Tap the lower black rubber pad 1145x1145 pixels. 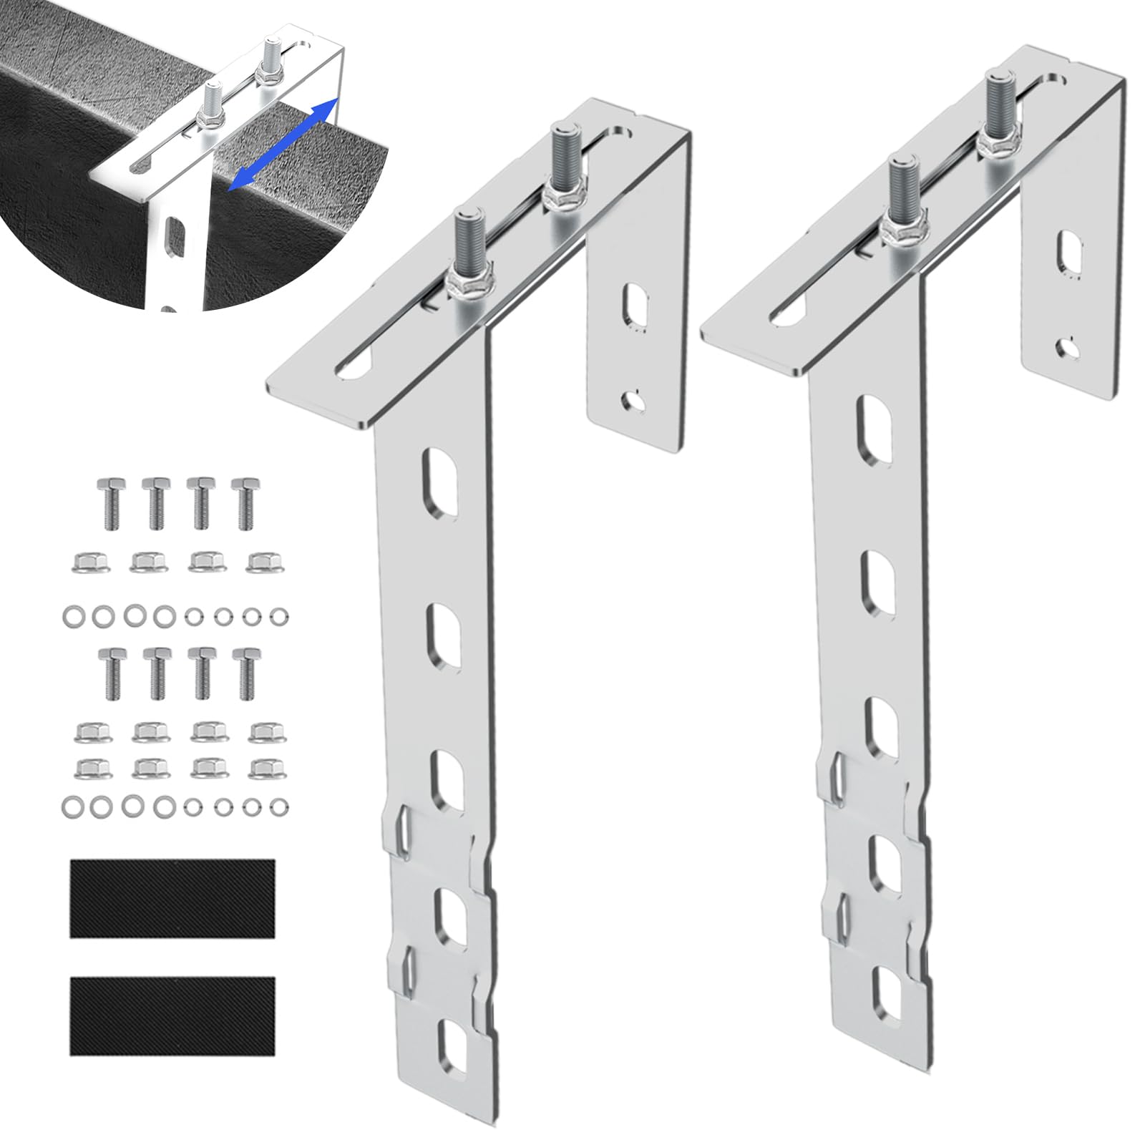pos(172,1015)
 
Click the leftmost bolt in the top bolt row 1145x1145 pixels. pos(109,502)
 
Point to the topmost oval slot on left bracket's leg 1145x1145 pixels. pos(442,476)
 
